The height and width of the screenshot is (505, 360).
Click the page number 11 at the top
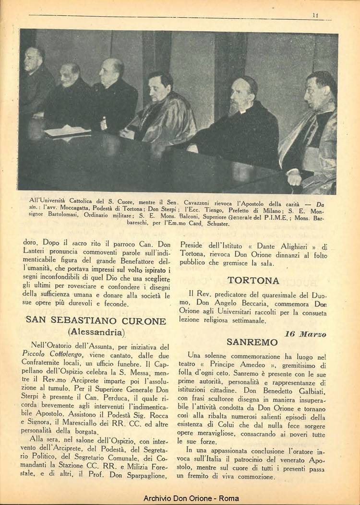click(x=315, y=15)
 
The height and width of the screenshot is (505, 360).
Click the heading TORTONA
click(x=253, y=281)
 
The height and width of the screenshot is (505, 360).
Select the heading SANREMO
click(x=252, y=342)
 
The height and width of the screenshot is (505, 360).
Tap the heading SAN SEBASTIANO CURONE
click(x=96, y=320)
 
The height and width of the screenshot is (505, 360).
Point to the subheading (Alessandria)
click(x=96, y=332)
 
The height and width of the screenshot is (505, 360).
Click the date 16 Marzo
click(x=305, y=334)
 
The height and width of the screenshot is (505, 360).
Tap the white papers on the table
click(x=67, y=131)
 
